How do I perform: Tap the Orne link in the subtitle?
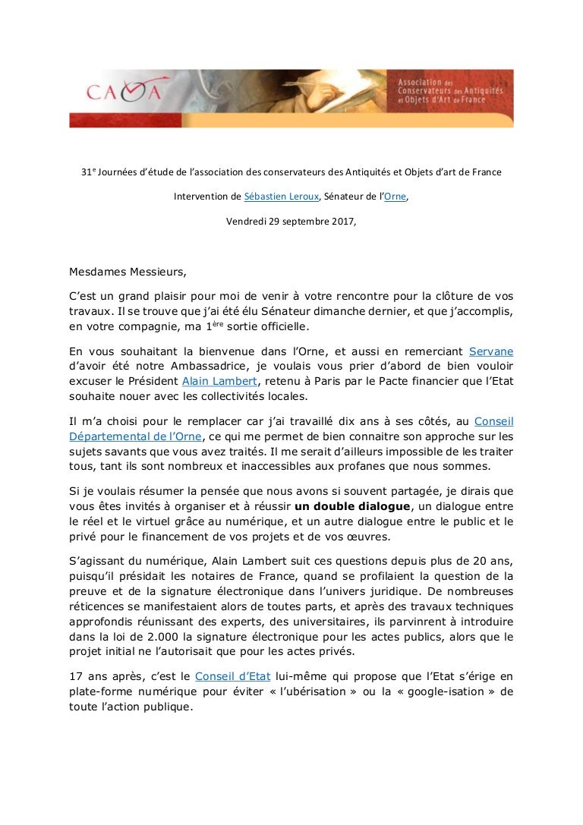[x=395, y=197]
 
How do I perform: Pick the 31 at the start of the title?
[x=86, y=172]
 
